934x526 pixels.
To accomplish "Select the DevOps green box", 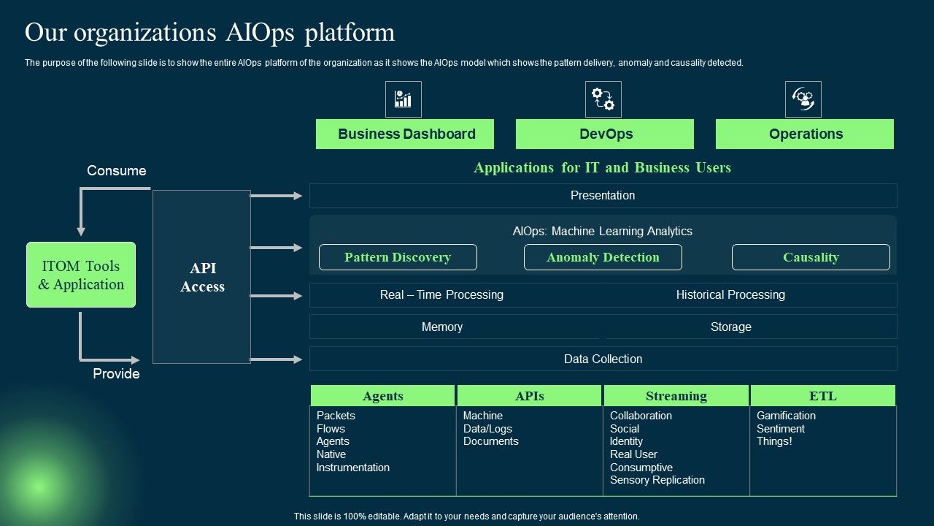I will [x=605, y=134].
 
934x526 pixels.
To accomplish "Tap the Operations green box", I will [x=805, y=134].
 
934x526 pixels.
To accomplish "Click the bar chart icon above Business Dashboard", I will [x=404, y=99].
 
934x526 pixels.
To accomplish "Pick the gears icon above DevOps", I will [x=603, y=99].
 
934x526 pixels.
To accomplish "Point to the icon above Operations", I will [x=803, y=99].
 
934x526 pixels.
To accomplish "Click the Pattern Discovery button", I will [x=398, y=257].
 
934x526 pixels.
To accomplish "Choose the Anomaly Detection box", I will [x=603, y=257].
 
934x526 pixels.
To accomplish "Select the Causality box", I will [x=811, y=257].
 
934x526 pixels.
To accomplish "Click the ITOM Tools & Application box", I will [x=81, y=275].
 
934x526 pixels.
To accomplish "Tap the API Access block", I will [x=202, y=277].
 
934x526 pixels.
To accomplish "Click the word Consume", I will [x=117, y=171].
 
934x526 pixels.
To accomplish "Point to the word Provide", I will [x=116, y=374].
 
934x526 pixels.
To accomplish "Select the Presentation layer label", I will [x=603, y=196].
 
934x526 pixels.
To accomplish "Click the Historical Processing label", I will [x=730, y=295].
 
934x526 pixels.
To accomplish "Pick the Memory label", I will [x=442, y=327].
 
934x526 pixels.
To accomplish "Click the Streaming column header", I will [x=676, y=396].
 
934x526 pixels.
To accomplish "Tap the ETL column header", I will [x=823, y=396].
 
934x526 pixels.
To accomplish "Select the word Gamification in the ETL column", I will [x=786, y=416].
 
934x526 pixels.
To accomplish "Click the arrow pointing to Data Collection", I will [x=277, y=359].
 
